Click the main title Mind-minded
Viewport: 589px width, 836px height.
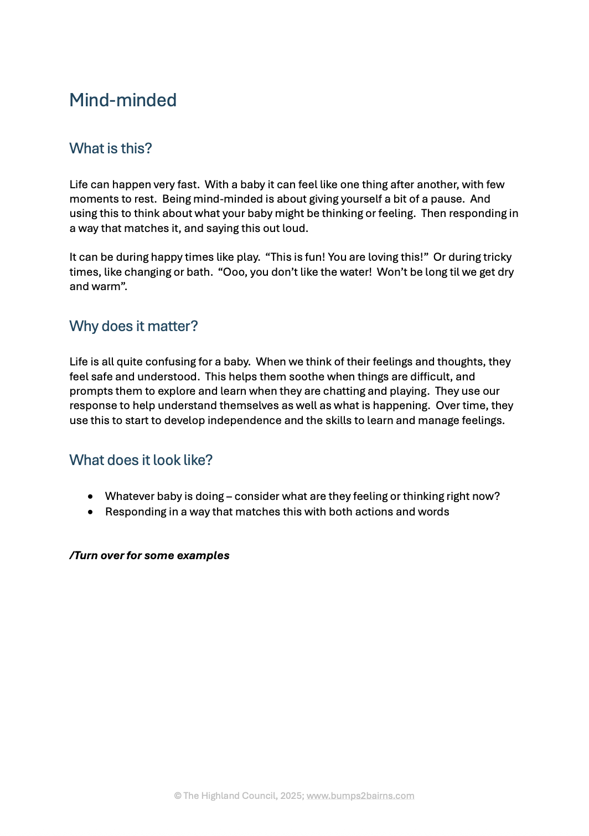point(123,100)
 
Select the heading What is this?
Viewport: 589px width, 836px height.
point(111,148)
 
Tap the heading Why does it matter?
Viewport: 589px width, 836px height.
point(133,326)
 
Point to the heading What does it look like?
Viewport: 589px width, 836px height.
point(141,460)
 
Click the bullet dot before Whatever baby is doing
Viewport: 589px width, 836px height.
point(90,497)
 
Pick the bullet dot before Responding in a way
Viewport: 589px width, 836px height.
point(90,512)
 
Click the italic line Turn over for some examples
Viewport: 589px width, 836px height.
point(149,555)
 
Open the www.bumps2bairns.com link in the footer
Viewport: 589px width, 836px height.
point(360,796)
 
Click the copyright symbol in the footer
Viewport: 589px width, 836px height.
point(178,796)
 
